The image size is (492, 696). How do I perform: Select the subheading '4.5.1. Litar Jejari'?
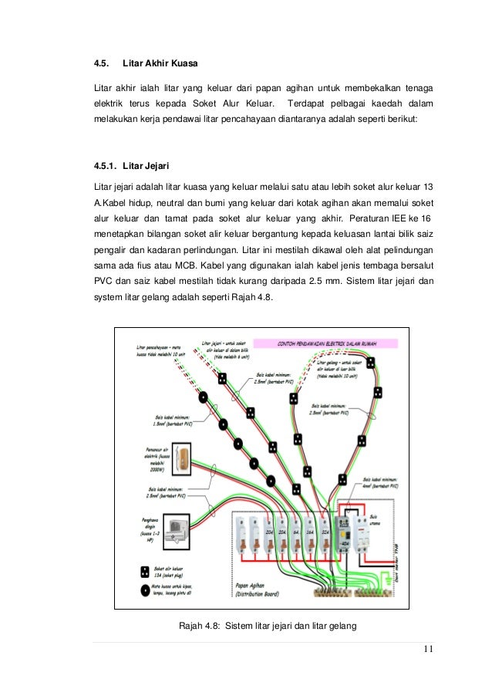(x=130, y=166)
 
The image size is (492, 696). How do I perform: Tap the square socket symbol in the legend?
(x=145, y=573)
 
